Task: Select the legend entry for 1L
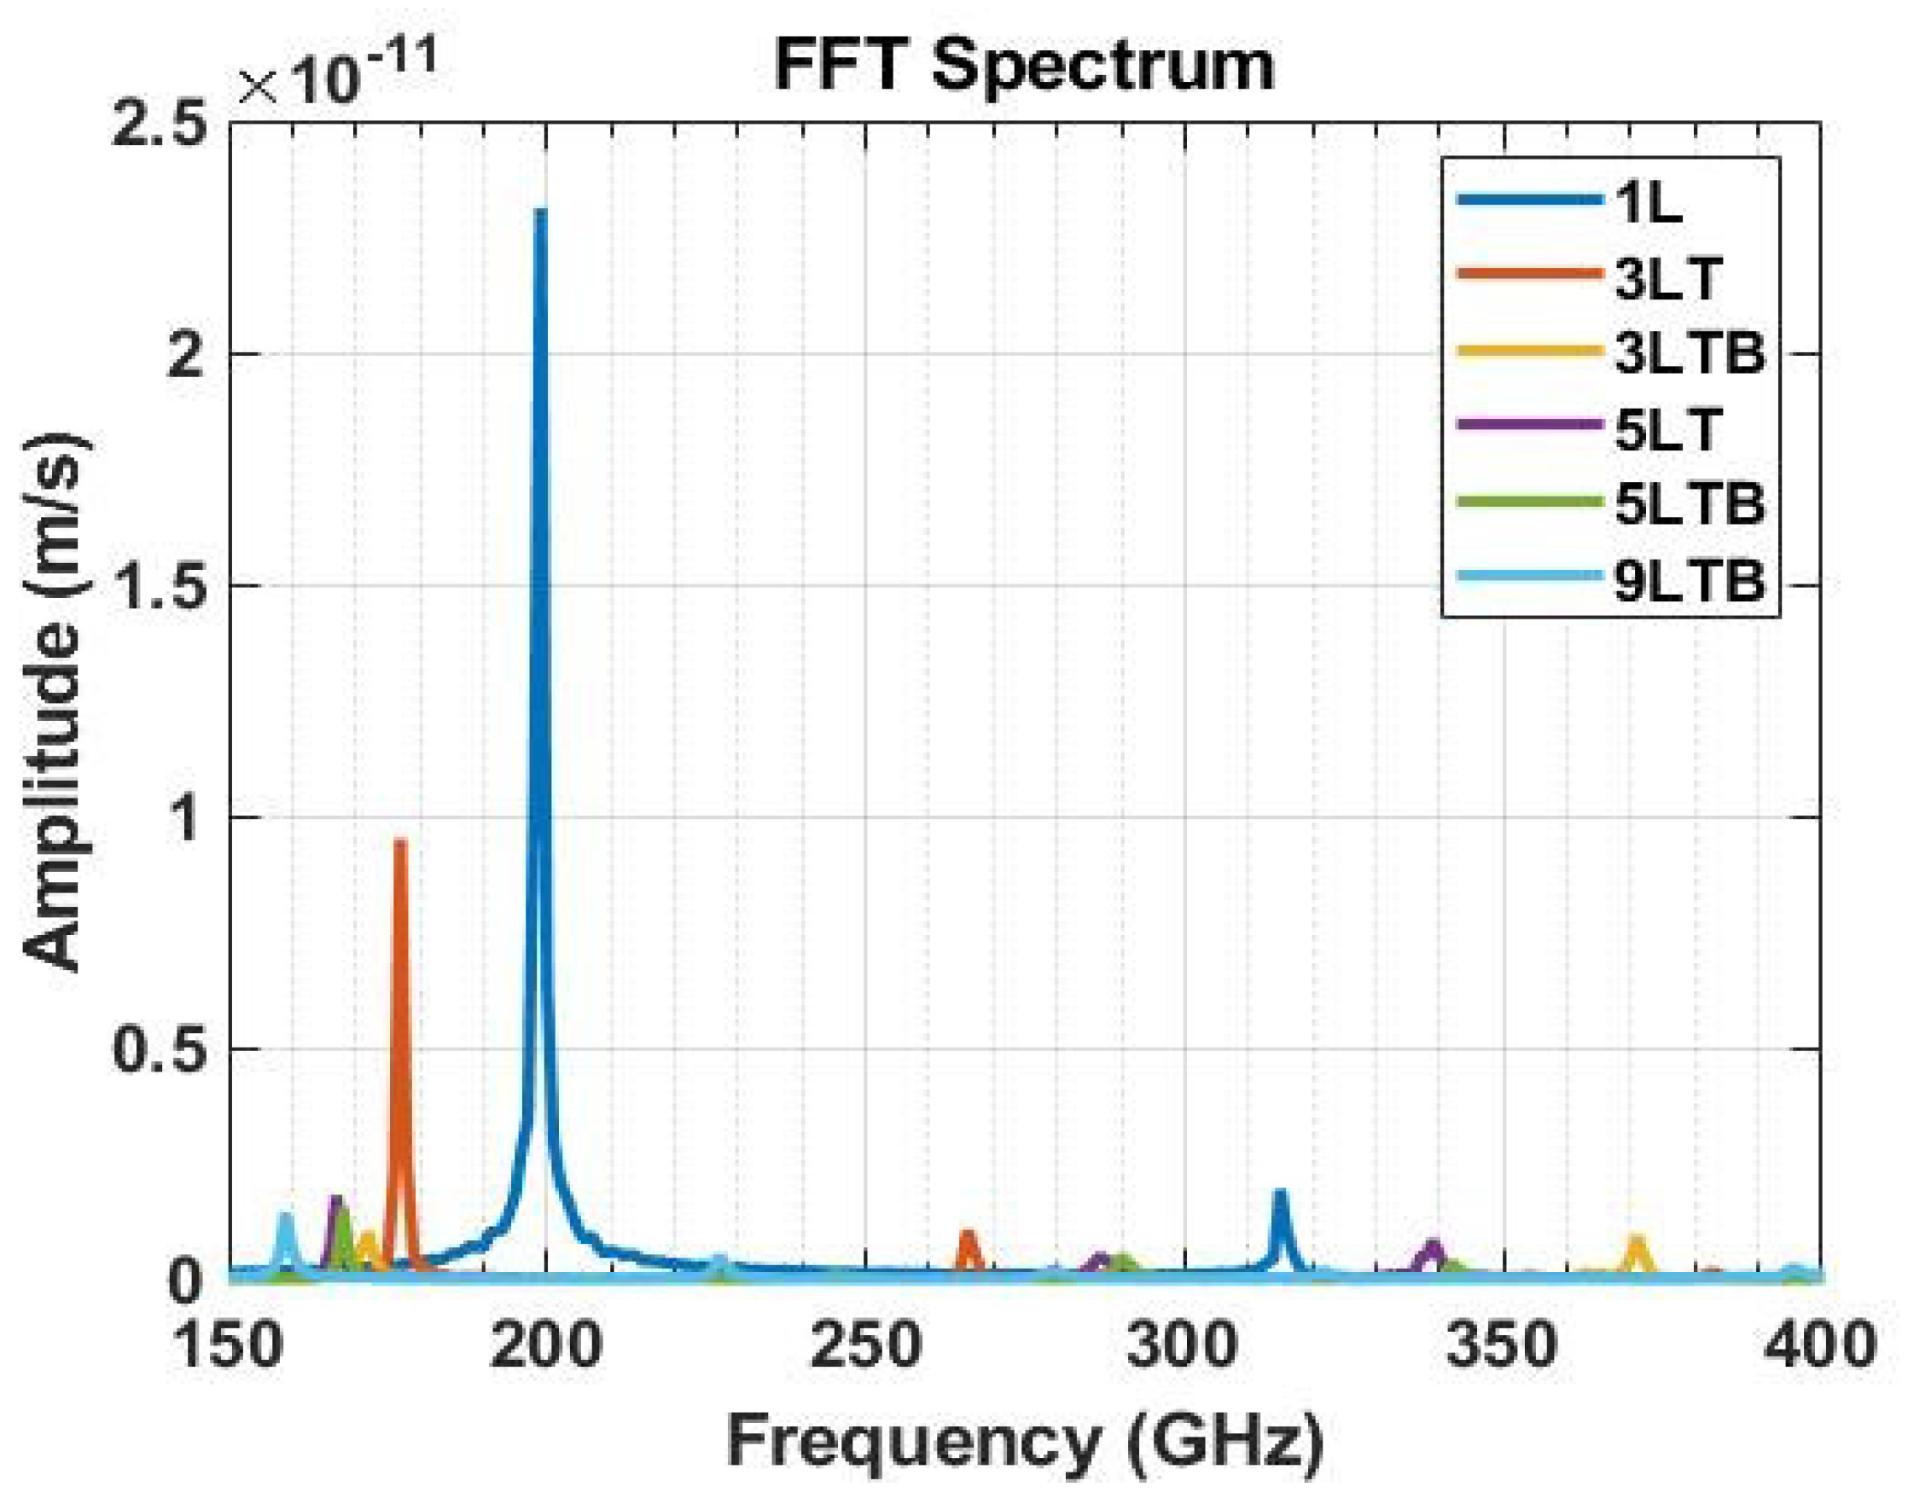pos(1649,202)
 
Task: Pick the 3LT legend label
pos(1669,278)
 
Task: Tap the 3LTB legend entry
pos(1690,352)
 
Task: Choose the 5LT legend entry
pos(1669,429)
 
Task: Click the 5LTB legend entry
pos(1690,504)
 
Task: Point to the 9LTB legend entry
pos(1690,581)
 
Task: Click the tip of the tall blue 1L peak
pos(540,212)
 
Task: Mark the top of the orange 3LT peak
pos(400,843)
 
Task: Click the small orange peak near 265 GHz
pos(969,1235)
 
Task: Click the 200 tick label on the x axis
pos(545,1346)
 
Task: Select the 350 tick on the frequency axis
pos(1500,1346)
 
